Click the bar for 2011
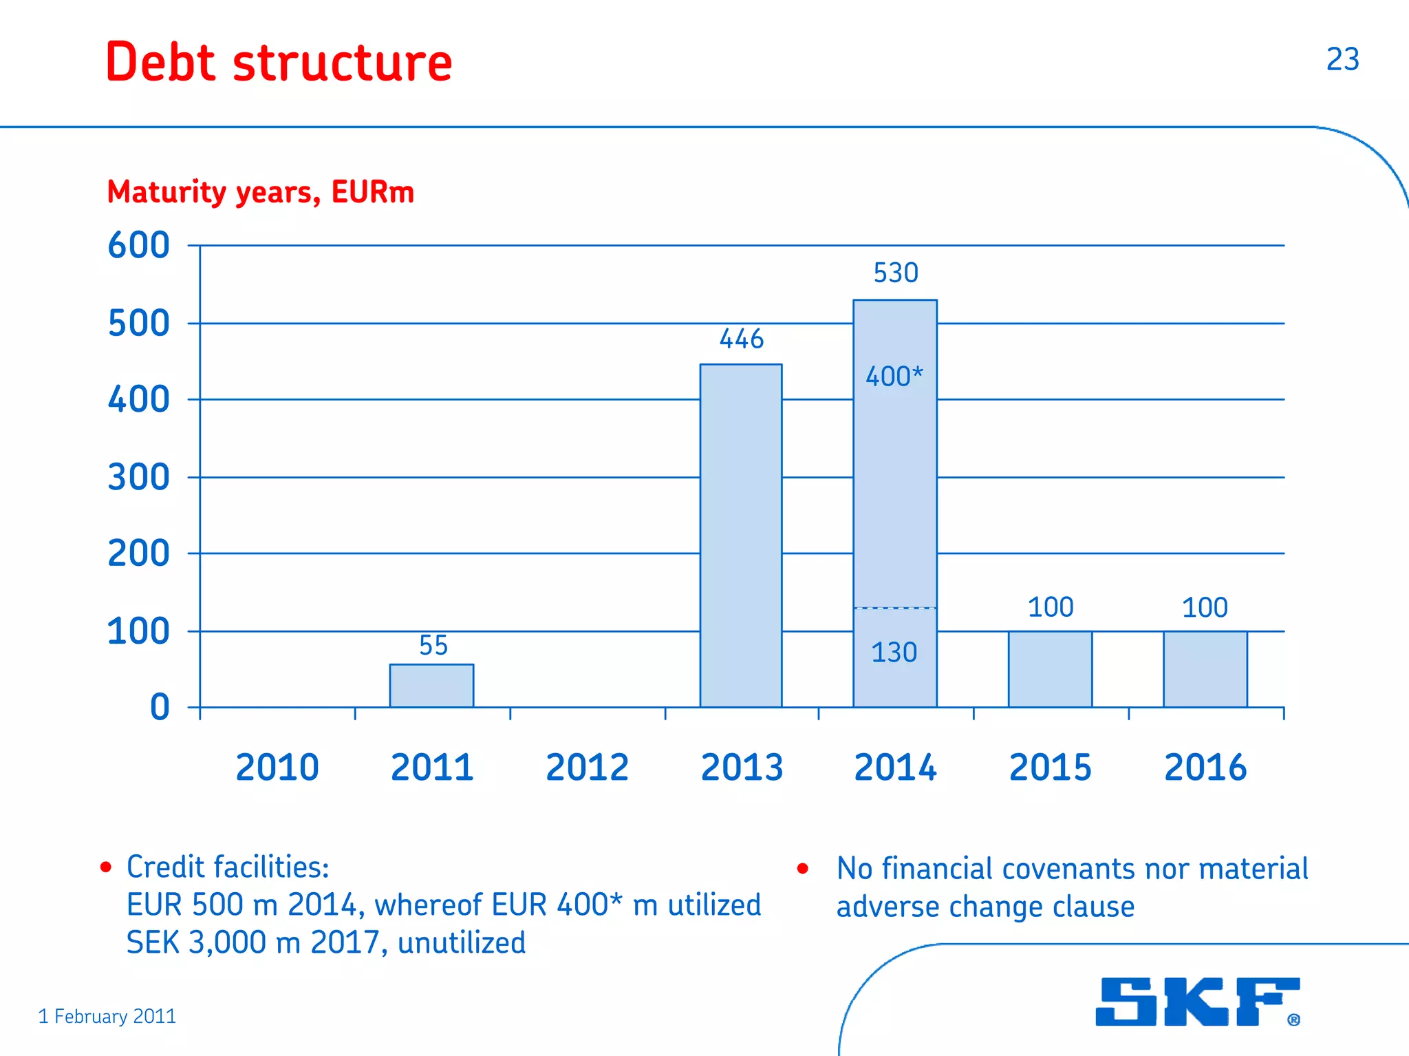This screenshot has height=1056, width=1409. (x=431, y=686)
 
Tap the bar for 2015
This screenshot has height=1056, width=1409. (x=1050, y=669)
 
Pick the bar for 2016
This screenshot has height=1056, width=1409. (x=1205, y=669)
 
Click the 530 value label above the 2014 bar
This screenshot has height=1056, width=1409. (x=896, y=273)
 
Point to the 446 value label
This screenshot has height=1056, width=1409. (x=742, y=339)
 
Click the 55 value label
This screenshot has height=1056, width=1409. (x=433, y=646)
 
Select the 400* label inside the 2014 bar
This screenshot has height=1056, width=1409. (x=894, y=377)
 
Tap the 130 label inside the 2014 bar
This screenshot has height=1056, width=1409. (x=894, y=653)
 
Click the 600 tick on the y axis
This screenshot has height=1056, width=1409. (x=139, y=246)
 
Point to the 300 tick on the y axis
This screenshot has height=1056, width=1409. (x=139, y=478)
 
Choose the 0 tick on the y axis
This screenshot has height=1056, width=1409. (x=160, y=708)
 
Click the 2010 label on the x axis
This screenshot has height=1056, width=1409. (x=277, y=768)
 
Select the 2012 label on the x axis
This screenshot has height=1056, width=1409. (x=587, y=768)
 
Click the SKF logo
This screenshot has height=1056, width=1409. (x=1198, y=1002)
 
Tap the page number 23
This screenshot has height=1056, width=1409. (x=1342, y=59)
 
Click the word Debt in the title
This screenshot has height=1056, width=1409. (x=161, y=62)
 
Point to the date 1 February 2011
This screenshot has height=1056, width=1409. (x=107, y=1017)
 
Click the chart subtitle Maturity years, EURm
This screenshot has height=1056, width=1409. (x=261, y=192)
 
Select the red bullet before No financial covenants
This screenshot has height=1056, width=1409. (x=802, y=869)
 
